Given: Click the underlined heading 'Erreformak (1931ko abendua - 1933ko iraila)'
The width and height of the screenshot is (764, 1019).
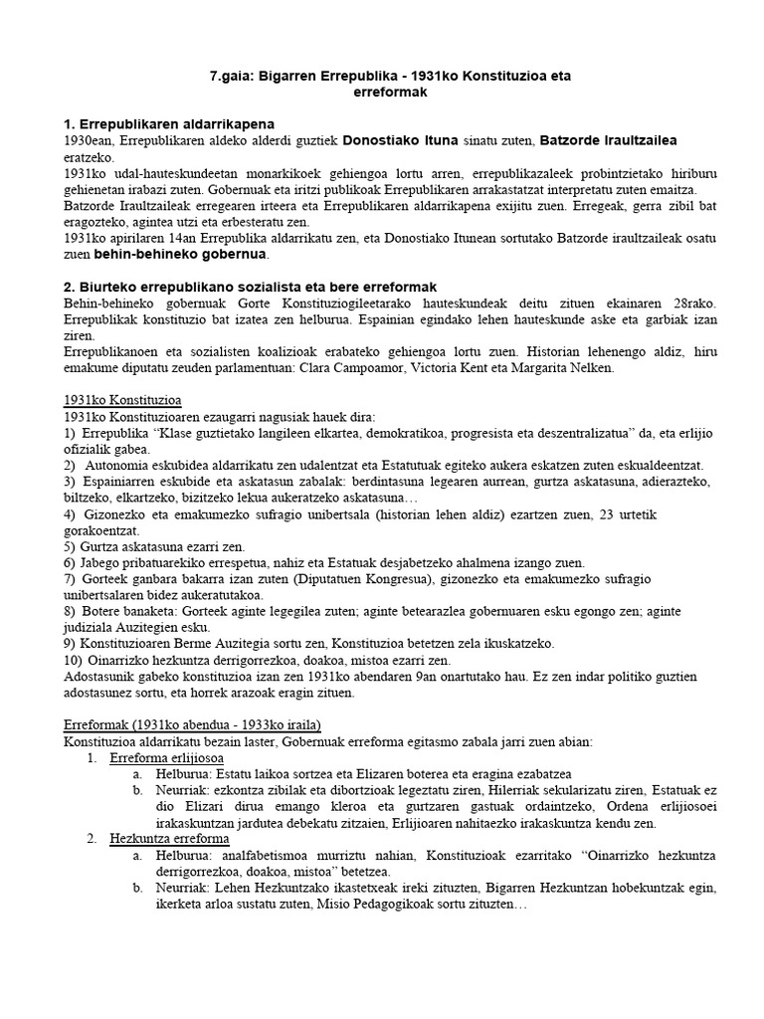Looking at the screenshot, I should point(191,723).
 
